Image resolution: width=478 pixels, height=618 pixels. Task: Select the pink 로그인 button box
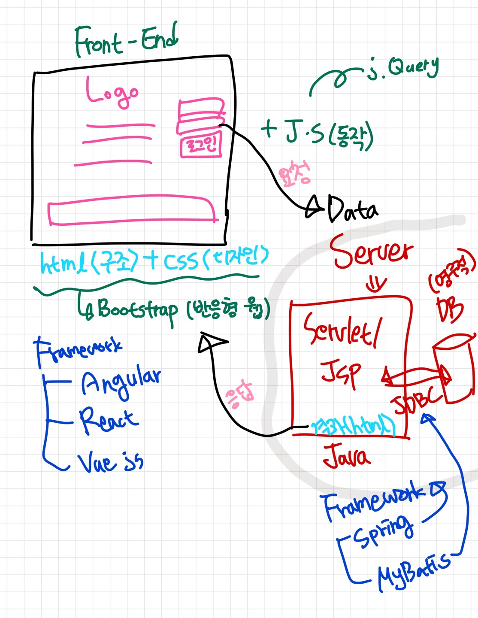[x=201, y=145]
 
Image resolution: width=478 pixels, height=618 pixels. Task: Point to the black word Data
[x=352, y=209]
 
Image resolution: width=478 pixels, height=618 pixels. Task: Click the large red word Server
[x=371, y=251]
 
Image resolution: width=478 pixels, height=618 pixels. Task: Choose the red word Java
[x=346, y=457]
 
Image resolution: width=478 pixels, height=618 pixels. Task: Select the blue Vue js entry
[x=110, y=463]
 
